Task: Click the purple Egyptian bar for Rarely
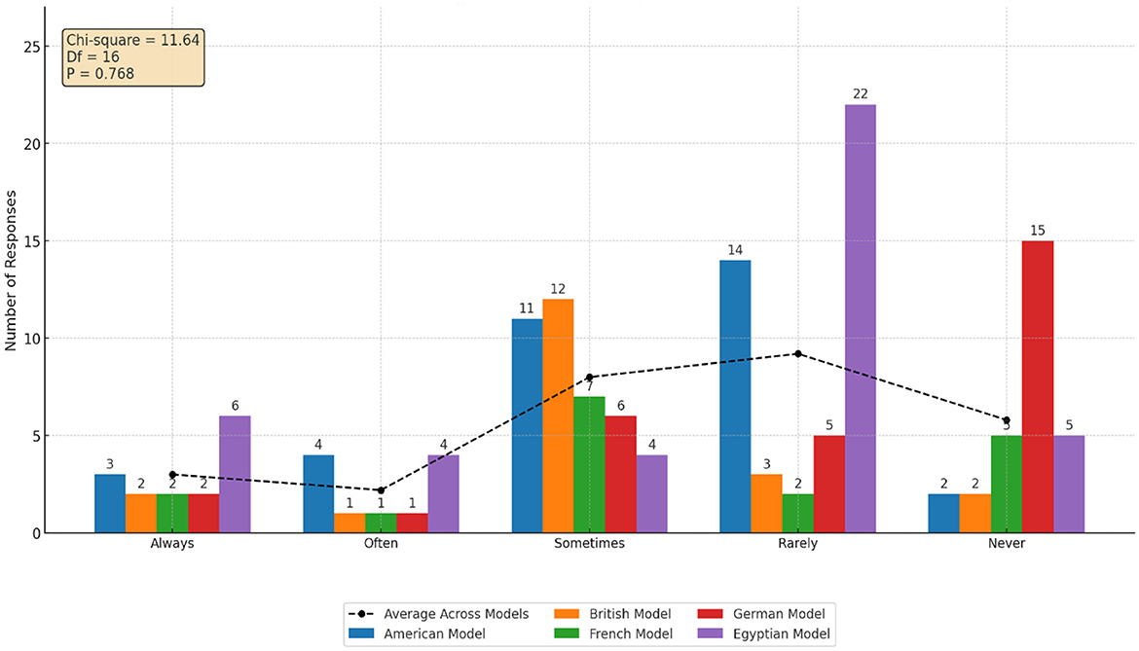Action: [x=860, y=319]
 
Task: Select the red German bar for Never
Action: [x=1038, y=387]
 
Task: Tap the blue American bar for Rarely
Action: [x=735, y=397]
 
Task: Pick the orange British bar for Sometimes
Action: [x=558, y=416]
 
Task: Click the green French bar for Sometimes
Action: [x=589, y=465]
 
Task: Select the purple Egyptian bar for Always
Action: [x=235, y=475]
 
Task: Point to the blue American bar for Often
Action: [x=318, y=494]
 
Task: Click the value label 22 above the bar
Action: [x=860, y=92]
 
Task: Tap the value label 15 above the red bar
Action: [x=1038, y=230]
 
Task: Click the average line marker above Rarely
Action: [x=797, y=354]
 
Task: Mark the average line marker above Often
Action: [x=381, y=490]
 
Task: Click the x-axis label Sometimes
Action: [x=589, y=544]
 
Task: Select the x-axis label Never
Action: [x=1007, y=544]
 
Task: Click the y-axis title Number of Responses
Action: [x=12, y=270]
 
